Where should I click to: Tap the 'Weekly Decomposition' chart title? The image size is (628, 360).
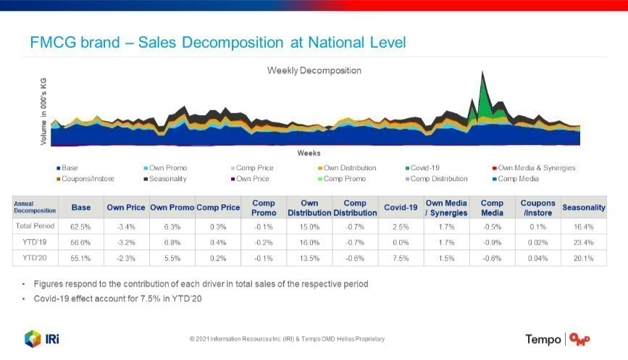point(314,70)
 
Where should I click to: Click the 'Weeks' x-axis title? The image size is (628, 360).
point(309,154)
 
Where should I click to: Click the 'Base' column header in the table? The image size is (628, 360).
point(81,208)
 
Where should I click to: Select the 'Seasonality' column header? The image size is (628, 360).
point(583,208)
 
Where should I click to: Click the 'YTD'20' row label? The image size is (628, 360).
point(35,258)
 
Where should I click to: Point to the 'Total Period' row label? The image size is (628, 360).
point(35,227)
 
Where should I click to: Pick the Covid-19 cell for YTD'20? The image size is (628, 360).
point(401,258)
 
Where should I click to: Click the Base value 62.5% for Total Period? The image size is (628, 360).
point(81,227)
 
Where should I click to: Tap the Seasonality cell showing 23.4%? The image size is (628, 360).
point(583,243)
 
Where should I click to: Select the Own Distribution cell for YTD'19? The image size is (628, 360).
point(309,243)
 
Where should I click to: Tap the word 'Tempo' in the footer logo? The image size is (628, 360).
point(543,339)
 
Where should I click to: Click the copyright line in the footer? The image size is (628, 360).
point(287,339)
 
